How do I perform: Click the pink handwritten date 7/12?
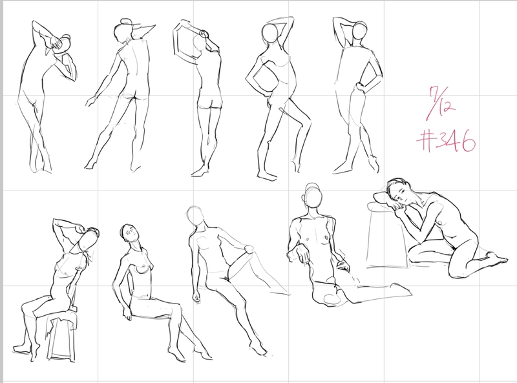tap(441, 103)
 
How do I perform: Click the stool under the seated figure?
tap(63, 336)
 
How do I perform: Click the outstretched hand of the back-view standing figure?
tap(90, 101)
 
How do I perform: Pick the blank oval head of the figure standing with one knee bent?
tap(270, 33)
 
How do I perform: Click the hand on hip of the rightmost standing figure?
tap(359, 88)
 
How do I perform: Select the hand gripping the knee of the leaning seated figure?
tap(249, 249)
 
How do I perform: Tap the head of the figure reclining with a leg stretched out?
tap(313, 196)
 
